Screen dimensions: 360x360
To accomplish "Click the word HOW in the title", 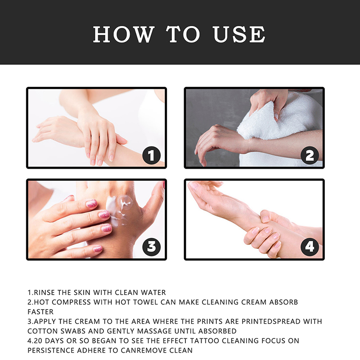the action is [124, 34].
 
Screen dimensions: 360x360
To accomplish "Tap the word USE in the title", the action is [239, 34].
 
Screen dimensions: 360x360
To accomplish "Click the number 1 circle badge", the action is [151, 155].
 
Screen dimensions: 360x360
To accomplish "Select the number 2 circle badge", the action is [310, 155].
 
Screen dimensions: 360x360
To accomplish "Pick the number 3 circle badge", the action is [151, 247].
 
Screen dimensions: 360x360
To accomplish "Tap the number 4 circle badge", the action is [310, 247].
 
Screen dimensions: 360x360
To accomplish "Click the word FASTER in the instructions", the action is [40, 312].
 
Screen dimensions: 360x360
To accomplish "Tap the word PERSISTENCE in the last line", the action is [51, 351].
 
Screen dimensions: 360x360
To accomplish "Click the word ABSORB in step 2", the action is [283, 302].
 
